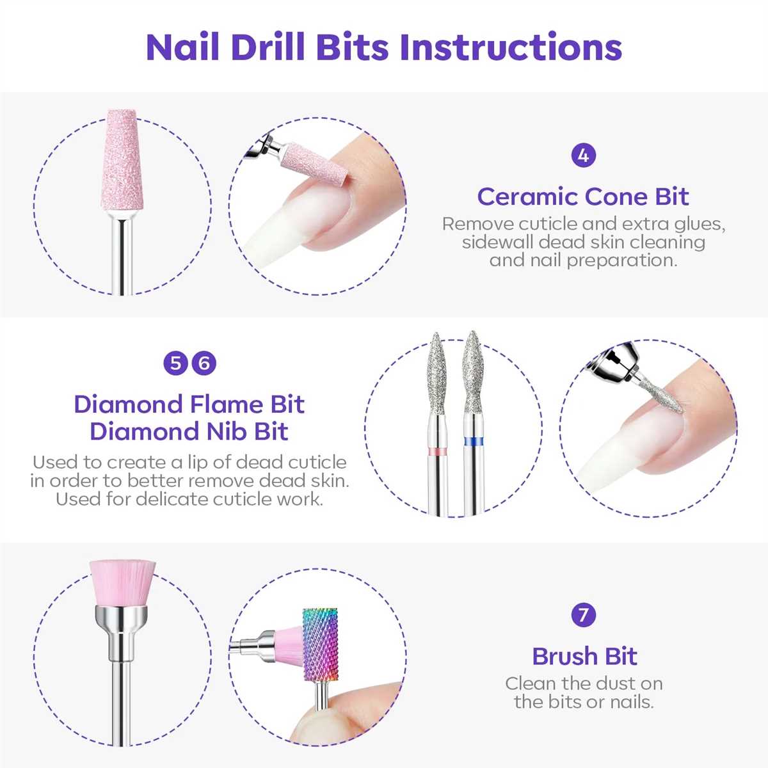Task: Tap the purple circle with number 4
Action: tap(583, 156)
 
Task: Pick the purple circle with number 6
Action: tap(204, 364)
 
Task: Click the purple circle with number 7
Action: tap(583, 615)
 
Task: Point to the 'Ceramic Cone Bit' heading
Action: tap(583, 196)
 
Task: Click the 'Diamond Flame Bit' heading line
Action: tap(189, 404)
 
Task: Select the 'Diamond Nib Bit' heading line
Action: tap(189, 431)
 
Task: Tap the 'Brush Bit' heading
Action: tap(584, 656)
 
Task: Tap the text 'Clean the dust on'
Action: tap(584, 684)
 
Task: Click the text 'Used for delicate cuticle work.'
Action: tap(189, 499)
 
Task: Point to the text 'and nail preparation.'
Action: tap(583, 260)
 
